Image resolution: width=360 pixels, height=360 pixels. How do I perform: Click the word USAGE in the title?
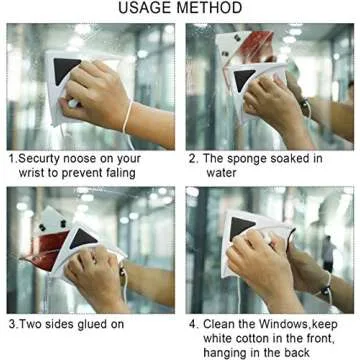click(x=147, y=10)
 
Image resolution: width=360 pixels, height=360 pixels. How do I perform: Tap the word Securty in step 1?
click(x=40, y=158)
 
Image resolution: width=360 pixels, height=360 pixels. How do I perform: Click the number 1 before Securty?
click(x=10, y=158)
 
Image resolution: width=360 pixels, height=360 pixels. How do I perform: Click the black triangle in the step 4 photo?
click(x=240, y=228)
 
